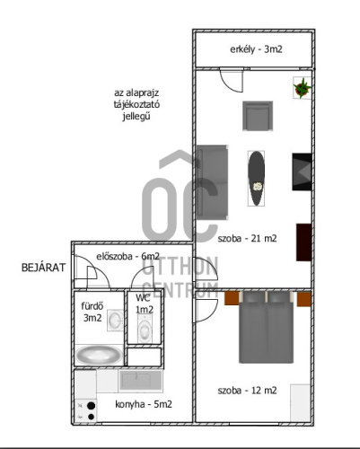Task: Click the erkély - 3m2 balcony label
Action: click(256, 49)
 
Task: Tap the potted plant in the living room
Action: click(303, 88)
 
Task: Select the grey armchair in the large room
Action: click(258, 116)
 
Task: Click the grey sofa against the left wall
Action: click(212, 182)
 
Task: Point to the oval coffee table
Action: click(256, 178)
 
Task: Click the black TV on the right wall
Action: click(302, 172)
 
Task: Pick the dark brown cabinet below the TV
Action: click(303, 242)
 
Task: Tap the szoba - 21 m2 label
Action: click(247, 239)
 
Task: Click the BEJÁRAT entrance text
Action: click(43, 268)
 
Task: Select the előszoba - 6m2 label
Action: click(127, 256)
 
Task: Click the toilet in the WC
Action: click(145, 329)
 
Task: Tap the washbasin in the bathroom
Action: click(115, 321)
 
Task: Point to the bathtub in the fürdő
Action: click(99, 355)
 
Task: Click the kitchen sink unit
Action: click(141, 381)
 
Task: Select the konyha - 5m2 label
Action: click(144, 404)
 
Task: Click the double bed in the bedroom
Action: click(266, 327)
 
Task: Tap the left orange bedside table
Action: click(232, 298)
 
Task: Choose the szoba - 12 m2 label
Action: click(247, 391)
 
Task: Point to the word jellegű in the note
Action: click(136, 117)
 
